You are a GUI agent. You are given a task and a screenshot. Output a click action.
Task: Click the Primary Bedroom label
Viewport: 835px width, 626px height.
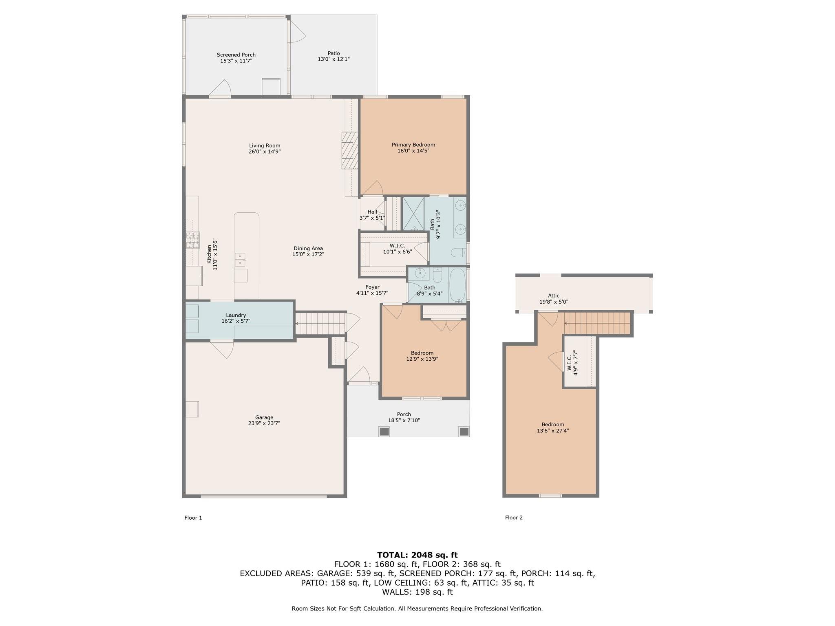[413, 145]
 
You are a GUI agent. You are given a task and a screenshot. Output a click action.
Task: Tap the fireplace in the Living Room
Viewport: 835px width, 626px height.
[349, 150]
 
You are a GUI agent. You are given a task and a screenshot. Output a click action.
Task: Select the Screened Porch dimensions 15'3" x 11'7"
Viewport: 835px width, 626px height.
[236, 61]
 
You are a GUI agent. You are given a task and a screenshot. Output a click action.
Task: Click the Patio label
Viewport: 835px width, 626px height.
[334, 53]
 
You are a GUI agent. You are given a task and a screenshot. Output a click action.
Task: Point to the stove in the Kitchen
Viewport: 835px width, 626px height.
[193, 240]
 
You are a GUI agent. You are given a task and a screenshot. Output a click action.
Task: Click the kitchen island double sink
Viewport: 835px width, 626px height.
[240, 260]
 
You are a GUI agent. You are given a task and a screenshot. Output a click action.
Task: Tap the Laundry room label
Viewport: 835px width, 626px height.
[236, 315]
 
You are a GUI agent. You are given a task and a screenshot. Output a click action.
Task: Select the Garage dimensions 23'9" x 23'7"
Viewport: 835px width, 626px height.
[264, 423]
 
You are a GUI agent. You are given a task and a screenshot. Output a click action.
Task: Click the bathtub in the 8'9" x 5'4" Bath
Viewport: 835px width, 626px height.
[457, 285]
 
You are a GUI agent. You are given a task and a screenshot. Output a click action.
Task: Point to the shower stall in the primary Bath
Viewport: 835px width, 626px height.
[413, 214]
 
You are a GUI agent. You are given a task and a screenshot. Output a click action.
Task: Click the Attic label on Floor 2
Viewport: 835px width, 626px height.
[553, 296]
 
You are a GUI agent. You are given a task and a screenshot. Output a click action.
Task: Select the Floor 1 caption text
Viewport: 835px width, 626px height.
[193, 518]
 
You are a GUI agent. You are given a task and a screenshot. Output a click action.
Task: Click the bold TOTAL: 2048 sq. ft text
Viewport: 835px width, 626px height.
[417, 555]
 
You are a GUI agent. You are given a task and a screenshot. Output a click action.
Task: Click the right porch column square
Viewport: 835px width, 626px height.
[464, 431]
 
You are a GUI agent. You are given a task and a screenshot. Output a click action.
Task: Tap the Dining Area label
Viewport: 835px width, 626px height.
[308, 249]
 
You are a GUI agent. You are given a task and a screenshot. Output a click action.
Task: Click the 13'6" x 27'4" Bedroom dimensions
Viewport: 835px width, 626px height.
[552, 430]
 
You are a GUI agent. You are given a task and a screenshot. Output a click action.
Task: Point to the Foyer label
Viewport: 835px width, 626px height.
[372, 287]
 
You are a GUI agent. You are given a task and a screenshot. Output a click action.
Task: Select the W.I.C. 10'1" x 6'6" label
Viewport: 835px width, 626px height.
[397, 246]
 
